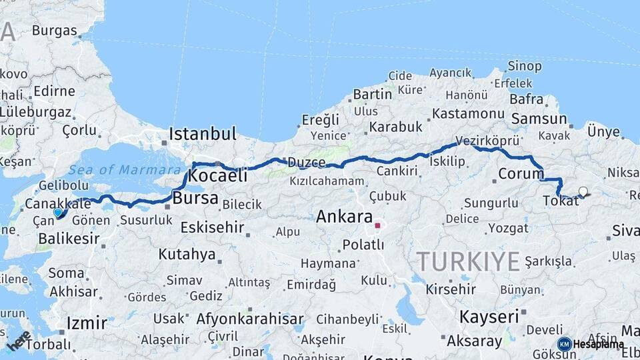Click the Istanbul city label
click(202, 134)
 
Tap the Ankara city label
click(344, 217)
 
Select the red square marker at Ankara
click(377, 225)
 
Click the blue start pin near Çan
click(58, 213)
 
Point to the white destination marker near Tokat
click(583, 192)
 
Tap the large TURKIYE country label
click(468, 261)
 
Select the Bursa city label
click(195, 198)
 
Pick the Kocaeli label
click(218, 176)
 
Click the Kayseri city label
click(489, 316)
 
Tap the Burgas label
click(54, 30)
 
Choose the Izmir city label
click(87, 324)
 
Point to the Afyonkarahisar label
click(249, 318)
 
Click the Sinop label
click(524, 66)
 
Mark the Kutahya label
click(187, 254)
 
